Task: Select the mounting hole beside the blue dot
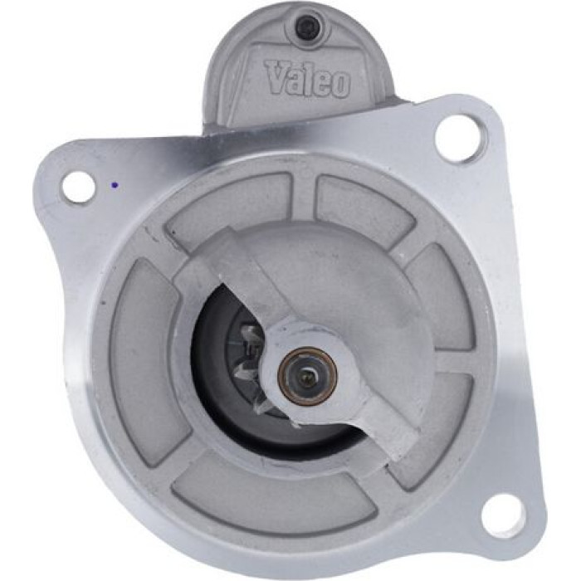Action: pos(78,187)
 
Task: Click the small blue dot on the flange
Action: pos(115,184)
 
